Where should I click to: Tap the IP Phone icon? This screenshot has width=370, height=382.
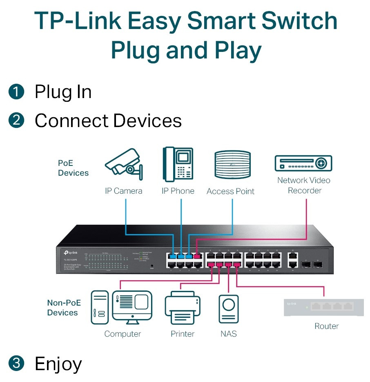178,164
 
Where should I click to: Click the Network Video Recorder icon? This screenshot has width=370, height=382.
303,163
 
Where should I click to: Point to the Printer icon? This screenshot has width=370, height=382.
183,309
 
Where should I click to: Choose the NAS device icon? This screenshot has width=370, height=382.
229,310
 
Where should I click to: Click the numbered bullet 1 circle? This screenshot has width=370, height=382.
16,92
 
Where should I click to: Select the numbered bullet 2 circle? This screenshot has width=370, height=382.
16,121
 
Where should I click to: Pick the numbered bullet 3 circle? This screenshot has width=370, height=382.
16,363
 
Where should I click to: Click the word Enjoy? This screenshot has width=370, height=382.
58,364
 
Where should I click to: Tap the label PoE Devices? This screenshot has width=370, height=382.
73,168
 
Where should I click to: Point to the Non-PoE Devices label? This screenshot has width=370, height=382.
64,308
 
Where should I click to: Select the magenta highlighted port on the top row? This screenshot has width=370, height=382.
197,257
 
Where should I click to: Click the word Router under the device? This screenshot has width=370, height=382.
326,326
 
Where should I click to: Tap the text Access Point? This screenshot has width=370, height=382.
230,191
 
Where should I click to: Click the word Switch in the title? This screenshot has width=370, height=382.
297,21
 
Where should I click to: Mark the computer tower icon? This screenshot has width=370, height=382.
100,307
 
